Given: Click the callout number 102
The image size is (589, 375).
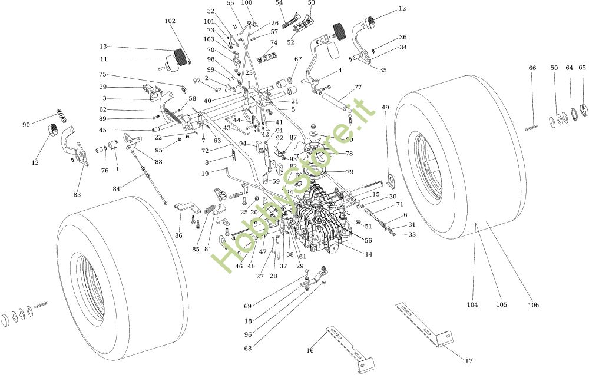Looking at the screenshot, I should [x=170, y=21].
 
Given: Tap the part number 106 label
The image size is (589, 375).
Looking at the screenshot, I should [x=533, y=305].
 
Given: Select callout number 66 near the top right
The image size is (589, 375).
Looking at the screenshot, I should [x=532, y=68].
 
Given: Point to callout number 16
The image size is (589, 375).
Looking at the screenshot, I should [x=310, y=350].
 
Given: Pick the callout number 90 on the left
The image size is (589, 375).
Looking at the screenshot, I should [x=26, y=124].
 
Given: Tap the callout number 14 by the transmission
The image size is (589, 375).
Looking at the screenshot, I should [x=369, y=254].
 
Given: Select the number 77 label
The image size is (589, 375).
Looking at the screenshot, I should [x=358, y=88].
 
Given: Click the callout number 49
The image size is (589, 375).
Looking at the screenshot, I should [x=385, y=108].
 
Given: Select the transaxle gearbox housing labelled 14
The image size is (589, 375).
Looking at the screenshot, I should [x=321, y=218].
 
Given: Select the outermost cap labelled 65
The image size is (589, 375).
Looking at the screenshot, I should [x=585, y=109].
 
